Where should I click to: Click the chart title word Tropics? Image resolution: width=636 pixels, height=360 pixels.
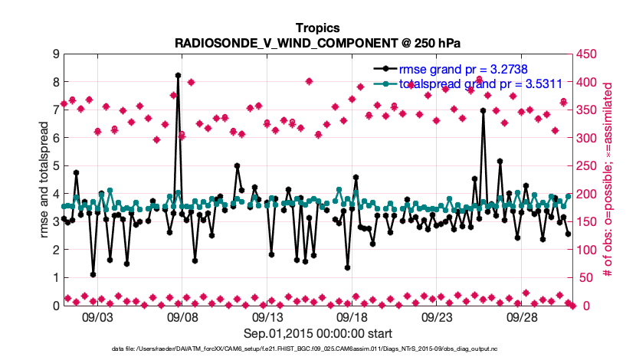tap(317, 28)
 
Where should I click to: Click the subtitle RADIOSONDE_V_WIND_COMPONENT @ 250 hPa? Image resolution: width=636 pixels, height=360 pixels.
tap(317, 42)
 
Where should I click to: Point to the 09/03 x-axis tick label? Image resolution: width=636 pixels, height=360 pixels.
tap(97, 316)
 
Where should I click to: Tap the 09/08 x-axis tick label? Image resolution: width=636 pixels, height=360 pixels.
tap(182, 316)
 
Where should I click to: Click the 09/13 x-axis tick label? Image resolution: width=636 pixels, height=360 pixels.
tap(267, 316)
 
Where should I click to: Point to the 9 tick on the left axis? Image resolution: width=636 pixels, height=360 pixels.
tap(55, 54)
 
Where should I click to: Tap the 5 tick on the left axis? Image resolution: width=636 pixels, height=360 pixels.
tap(55, 166)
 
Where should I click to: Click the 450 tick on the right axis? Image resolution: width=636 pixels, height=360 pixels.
tap(588, 54)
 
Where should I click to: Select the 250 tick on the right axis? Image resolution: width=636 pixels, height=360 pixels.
tap(588, 166)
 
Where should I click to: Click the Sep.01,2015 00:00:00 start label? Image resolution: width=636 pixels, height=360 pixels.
tap(318, 333)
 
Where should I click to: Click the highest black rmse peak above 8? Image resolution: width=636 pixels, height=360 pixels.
tap(178, 75)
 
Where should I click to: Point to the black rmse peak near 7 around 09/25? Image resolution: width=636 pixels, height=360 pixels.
tap(483, 110)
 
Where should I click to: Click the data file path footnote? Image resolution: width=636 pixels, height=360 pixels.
tap(317, 349)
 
